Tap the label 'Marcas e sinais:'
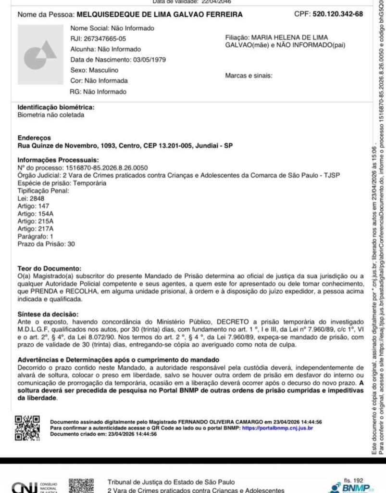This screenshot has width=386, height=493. (x=249, y=76)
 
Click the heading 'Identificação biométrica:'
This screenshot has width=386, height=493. (x=56, y=107)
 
